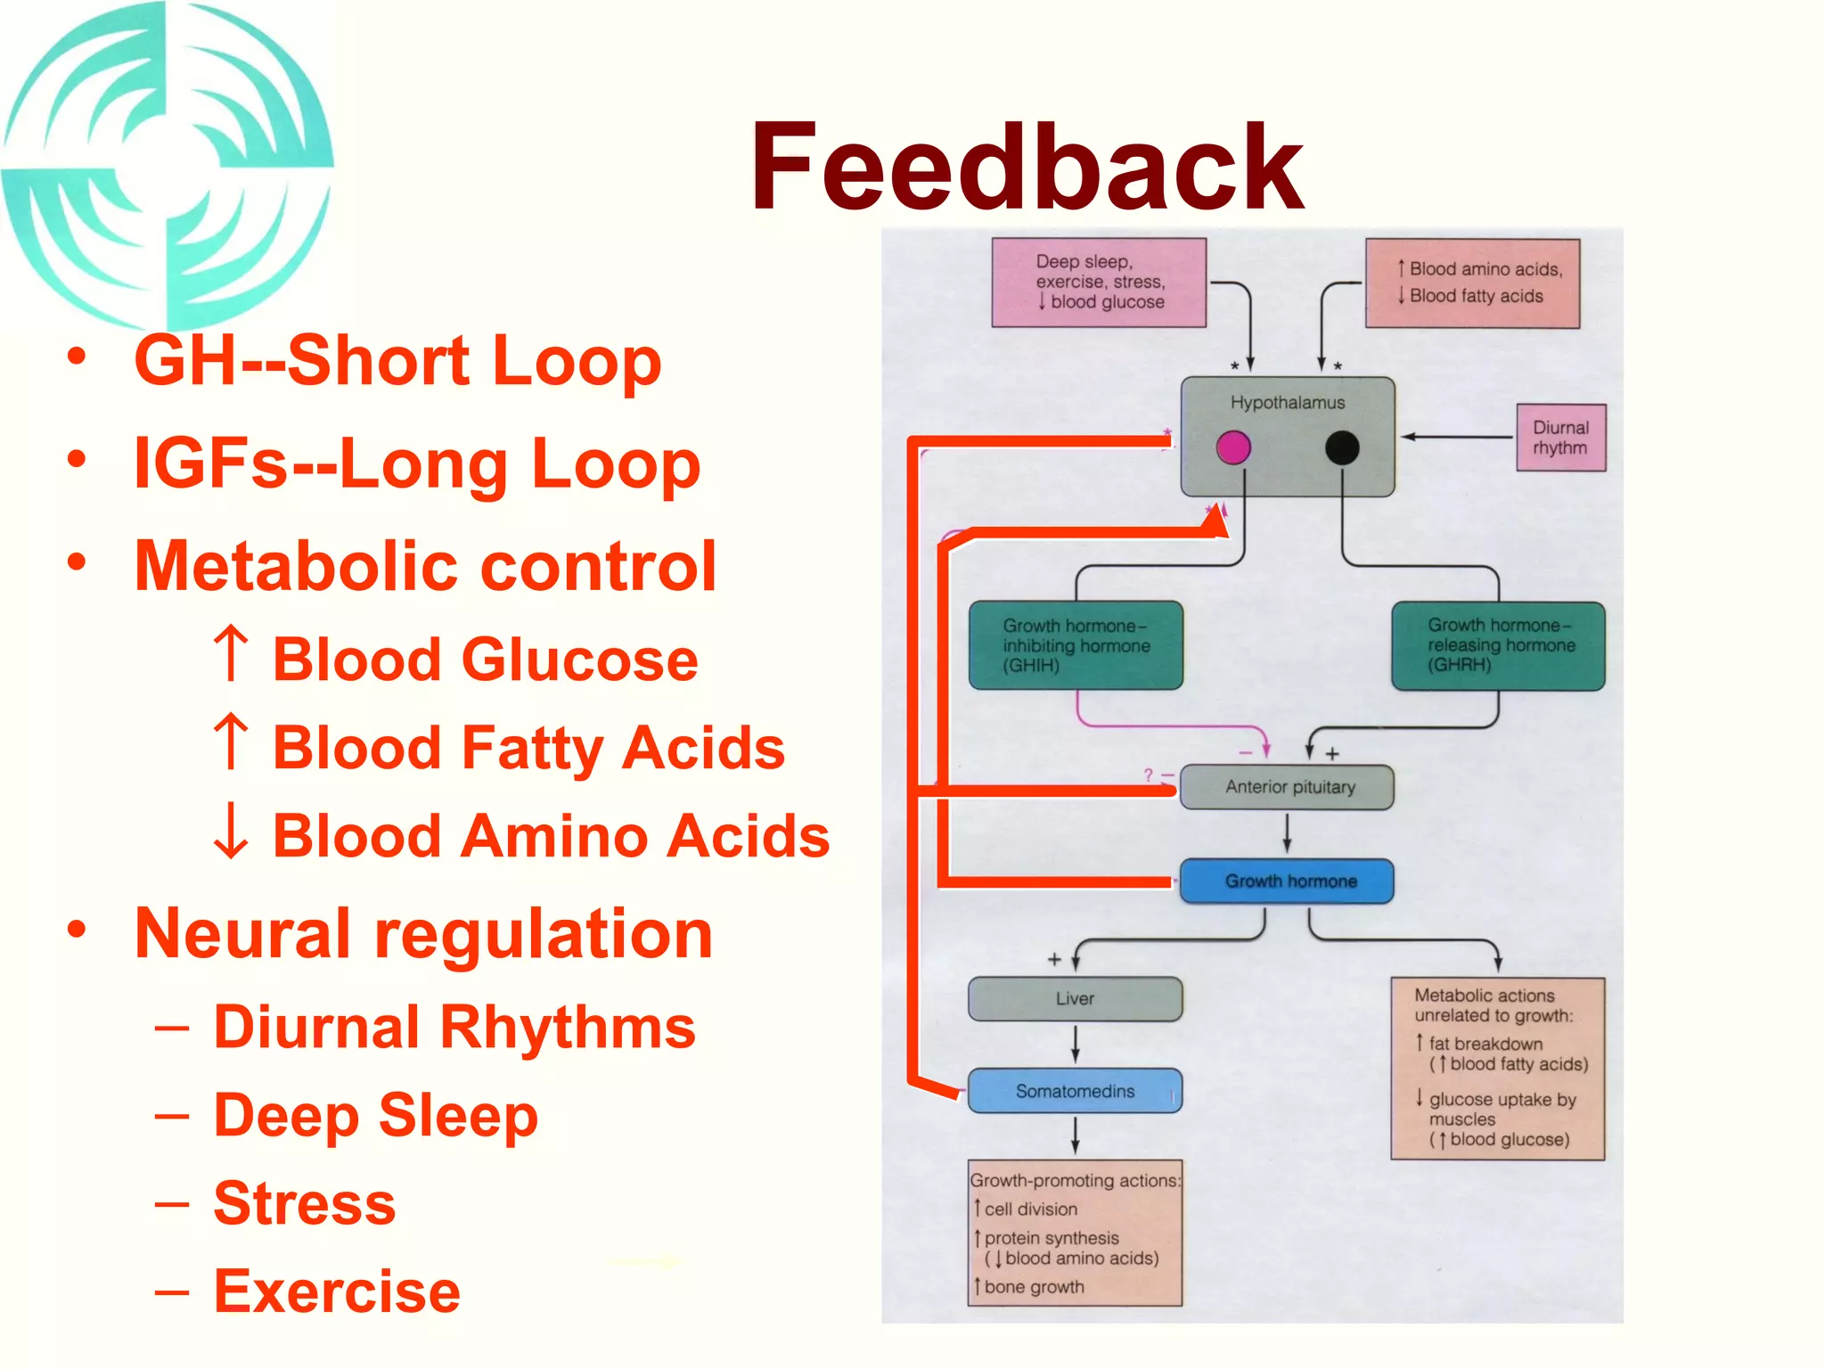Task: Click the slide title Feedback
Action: pos(1027,167)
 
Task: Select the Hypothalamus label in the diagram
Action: pos(1287,403)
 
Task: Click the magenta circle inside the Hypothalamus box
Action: pos(1233,447)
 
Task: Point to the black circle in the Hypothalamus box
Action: pos(1342,447)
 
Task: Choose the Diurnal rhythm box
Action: pos(1561,438)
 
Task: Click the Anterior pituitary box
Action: pos(1287,787)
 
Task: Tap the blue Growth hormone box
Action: pos(1287,881)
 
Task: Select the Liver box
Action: pos(1076,999)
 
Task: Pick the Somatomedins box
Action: pos(1076,1091)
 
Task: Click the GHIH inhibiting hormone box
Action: pos(1076,645)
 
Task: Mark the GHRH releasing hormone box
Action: pos(1499,646)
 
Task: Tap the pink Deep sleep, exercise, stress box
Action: pos(1099,283)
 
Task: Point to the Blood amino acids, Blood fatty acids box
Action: pos(1473,283)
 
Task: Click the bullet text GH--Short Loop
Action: pos(397,362)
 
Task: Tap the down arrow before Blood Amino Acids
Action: pos(232,831)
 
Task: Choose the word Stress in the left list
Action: pos(305,1203)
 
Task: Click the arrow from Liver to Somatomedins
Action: pos(1076,1044)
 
